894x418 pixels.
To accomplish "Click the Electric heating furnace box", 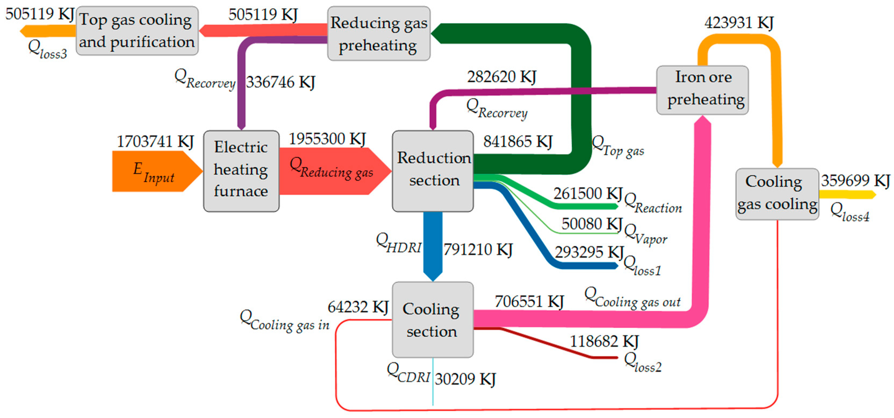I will click(x=241, y=171).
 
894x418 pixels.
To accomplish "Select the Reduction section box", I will click(x=433, y=171).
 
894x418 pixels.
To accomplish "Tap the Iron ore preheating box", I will click(x=702, y=90).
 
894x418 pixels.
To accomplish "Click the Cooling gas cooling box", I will click(x=777, y=194).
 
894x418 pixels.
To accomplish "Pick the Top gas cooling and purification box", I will click(x=137, y=31).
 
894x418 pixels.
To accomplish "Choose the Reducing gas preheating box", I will click(x=379, y=33).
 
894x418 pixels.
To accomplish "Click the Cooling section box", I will click(x=433, y=319).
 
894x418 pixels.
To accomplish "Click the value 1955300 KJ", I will click(x=327, y=139).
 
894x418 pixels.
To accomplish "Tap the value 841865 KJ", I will click(x=518, y=142).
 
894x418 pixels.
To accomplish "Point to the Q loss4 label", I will click(x=850, y=212).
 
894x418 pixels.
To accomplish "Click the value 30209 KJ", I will click(x=465, y=379).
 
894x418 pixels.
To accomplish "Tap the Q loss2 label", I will click(x=643, y=362).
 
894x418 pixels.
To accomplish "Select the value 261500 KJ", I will click(x=588, y=193).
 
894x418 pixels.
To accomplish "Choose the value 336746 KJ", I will click(x=281, y=82).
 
